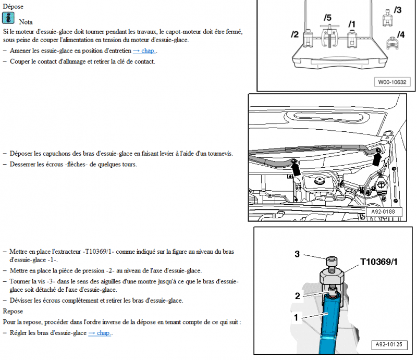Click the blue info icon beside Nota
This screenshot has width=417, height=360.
click(8, 18)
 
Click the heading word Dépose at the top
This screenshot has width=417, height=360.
click(13, 6)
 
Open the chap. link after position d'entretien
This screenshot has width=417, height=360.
click(144, 51)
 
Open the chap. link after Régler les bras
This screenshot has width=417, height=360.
click(100, 333)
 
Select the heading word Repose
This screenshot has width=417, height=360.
click(13, 311)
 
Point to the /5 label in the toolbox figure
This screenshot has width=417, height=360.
click(327, 18)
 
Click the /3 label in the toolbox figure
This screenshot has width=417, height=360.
click(398, 10)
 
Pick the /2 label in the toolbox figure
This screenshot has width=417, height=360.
click(295, 34)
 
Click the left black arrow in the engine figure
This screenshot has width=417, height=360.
click(296, 168)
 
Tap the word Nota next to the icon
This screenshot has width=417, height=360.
click(26, 22)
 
